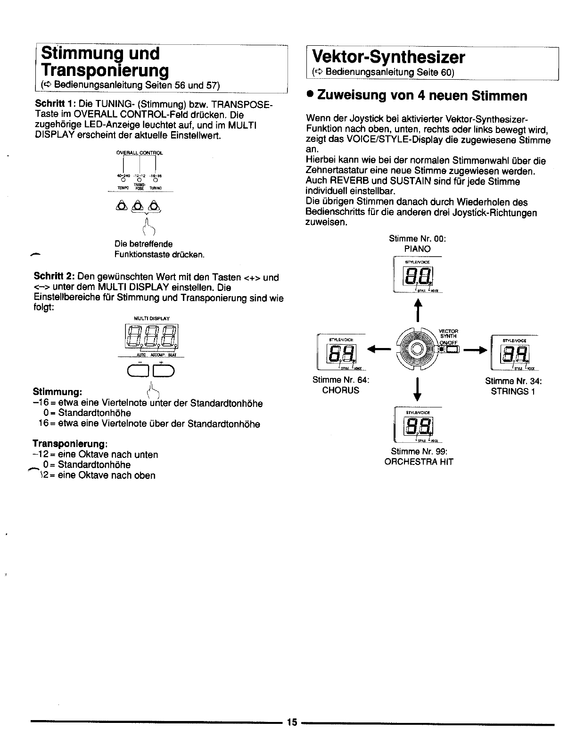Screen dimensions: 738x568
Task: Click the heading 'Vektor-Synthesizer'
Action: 388,58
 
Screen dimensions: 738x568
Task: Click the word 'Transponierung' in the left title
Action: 105,70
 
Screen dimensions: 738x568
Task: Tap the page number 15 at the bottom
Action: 291,722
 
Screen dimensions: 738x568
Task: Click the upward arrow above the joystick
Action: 416,311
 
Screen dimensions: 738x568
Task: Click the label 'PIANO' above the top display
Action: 417,249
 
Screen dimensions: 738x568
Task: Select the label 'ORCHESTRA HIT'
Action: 419,462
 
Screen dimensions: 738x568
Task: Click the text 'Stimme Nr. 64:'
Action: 341,380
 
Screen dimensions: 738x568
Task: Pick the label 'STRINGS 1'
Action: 513,391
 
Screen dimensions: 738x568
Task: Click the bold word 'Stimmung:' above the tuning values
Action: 58,392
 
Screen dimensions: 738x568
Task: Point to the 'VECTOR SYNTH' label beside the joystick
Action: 448,333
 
